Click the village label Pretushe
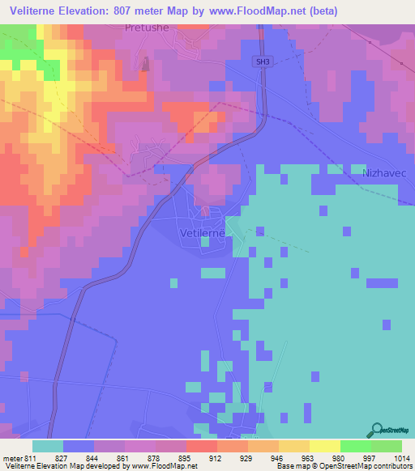(x=147, y=27)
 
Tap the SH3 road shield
(x=262, y=62)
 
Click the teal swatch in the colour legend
(x=48, y=446)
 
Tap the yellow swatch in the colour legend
(x=325, y=446)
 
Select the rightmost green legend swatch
(x=387, y=446)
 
